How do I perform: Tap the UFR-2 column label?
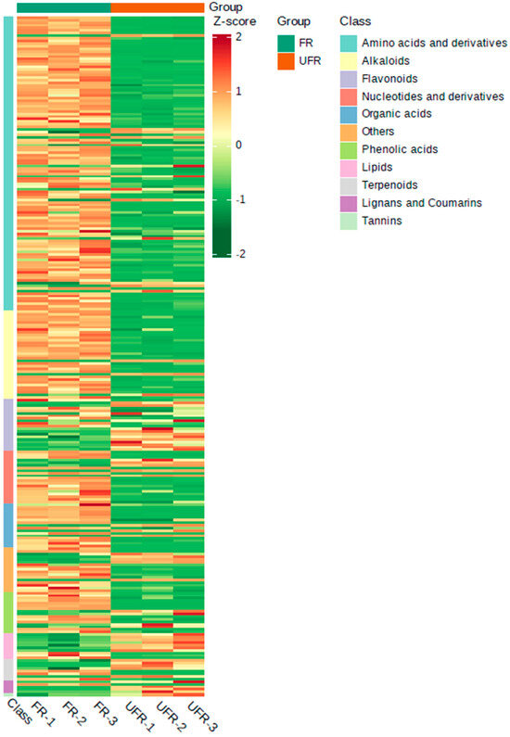(x=170, y=717)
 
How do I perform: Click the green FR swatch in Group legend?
(x=286, y=43)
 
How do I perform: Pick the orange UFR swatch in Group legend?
(x=286, y=60)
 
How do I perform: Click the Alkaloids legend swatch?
(x=348, y=60)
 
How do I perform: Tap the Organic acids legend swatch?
(x=348, y=114)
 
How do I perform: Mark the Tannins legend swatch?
(x=348, y=220)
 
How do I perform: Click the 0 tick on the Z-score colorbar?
(x=239, y=146)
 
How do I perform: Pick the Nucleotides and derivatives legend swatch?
(x=348, y=96)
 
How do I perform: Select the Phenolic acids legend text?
(x=400, y=149)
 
